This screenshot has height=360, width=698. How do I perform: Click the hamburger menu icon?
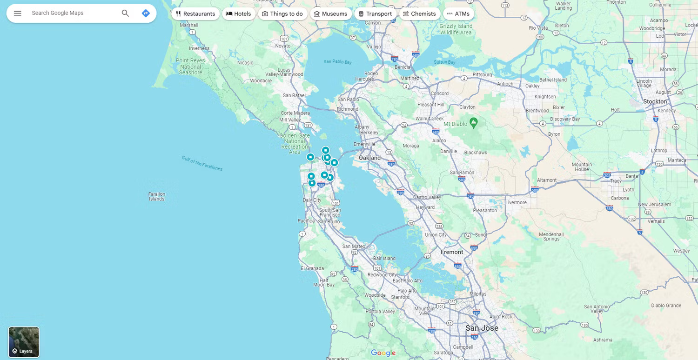(x=18, y=13)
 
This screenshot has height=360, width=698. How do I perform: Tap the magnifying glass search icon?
(x=125, y=13)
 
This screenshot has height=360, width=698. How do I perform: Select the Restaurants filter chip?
(x=195, y=14)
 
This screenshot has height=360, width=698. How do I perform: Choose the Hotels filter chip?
(x=238, y=14)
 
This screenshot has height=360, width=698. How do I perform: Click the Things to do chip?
(x=282, y=14)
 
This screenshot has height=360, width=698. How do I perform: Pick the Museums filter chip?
(x=330, y=14)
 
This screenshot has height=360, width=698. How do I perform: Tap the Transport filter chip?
(x=375, y=14)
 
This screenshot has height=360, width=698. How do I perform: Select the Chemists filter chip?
(x=419, y=14)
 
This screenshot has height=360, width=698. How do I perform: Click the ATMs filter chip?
(x=458, y=14)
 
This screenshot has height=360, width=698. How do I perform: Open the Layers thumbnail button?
(x=24, y=342)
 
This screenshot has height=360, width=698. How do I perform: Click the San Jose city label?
(x=482, y=328)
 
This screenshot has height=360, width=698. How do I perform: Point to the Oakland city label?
(x=369, y=158)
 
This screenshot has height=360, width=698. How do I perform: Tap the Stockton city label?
(x=655, y=101)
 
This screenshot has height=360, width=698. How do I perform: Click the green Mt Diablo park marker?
(x=474, y=123)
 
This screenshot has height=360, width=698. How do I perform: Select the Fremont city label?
(x=452, y=252)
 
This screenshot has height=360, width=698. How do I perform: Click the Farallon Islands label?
(x=157, y=196)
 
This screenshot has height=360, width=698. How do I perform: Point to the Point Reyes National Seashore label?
(x=191, y=67)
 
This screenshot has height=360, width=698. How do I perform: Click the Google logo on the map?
(x=383, y=353)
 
